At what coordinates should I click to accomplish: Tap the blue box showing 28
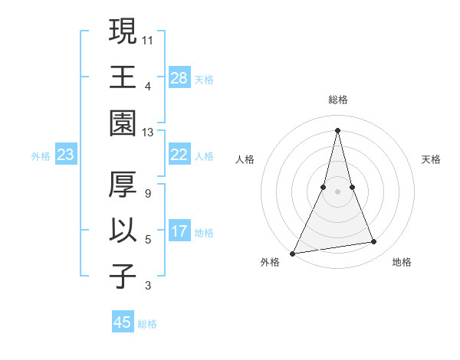coord(179,77)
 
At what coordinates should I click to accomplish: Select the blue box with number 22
coord(179,155)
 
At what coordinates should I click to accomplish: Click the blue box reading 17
coord(179,231)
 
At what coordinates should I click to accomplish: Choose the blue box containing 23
coord(66,155)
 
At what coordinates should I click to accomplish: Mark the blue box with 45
coord(123,322)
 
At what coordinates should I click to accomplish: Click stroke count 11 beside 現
coord(148,39)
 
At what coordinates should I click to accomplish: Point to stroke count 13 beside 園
coord(148,133)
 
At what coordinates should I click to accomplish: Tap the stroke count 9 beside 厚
coord(147,193)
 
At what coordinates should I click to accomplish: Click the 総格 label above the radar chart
coord(337,100)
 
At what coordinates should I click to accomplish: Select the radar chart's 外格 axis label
coord(270,262)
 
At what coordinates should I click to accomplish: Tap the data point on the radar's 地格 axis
coord(374,242)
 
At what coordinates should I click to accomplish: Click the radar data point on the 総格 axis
coord(337,129)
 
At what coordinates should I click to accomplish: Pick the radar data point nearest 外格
coord(293,253)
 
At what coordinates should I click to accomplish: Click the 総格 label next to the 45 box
coord(147,324)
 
